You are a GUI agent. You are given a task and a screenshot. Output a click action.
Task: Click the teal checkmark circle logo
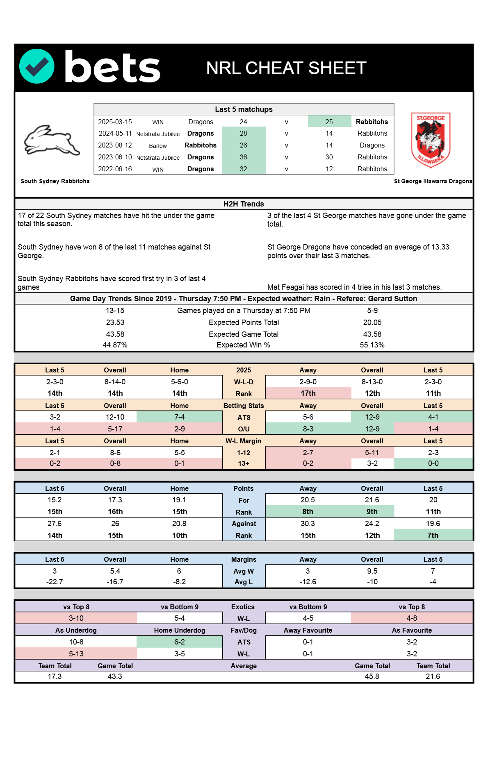[37, 66]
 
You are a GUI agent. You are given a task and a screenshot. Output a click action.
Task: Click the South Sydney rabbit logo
[52, 141]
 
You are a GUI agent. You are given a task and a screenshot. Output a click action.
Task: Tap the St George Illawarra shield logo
[431, 140]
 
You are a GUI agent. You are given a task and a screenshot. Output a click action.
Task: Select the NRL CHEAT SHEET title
[286, 68]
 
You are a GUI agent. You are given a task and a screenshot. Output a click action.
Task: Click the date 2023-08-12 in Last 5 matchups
[115, 145]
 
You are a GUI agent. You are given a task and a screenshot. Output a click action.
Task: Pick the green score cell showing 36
[244, 157]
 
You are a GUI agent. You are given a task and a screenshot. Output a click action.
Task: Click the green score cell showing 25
[329, 122]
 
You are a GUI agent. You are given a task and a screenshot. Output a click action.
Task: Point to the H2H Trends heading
[244, 204]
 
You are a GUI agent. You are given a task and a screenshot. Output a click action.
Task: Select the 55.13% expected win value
[372, 345]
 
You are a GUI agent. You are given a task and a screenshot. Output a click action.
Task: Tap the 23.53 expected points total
[115, 322]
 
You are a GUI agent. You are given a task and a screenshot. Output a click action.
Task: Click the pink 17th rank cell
[308, 393]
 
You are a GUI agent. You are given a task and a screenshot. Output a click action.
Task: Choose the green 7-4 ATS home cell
[179, 417]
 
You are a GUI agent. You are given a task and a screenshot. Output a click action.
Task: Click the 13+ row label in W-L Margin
[244, 463]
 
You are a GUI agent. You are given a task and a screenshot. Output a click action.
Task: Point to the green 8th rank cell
[308, 512]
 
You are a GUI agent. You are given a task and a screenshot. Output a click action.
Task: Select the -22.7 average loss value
[55, 582]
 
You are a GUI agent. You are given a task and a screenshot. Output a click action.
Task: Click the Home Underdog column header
[180, 630]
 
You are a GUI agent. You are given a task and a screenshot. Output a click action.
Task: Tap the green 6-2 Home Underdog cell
[179, 642]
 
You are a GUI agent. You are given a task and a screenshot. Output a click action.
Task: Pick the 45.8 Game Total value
[372, 676]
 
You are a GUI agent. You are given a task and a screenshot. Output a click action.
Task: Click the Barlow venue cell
[158, 146]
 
